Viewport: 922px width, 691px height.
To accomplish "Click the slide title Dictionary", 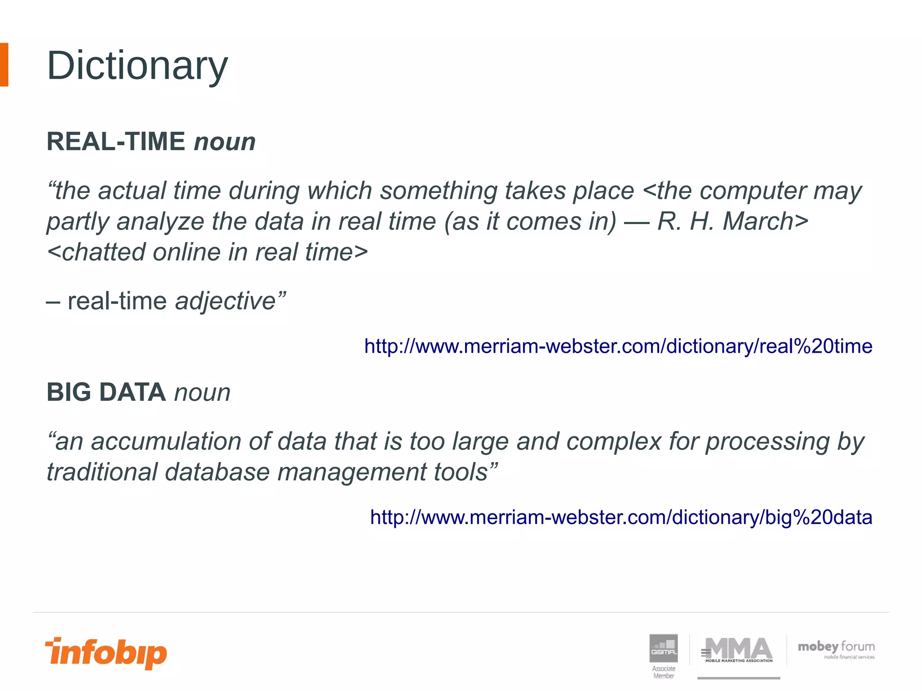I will tap(137, 66).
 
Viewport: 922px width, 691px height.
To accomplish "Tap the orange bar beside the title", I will tap(4, 65).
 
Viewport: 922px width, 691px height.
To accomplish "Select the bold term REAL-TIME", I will tap(116, 142).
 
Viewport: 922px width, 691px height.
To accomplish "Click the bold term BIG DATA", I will tap(106, 392).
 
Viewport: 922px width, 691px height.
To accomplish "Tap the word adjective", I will tap(225, 301).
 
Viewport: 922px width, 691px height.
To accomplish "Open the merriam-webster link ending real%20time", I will tap(618, 346).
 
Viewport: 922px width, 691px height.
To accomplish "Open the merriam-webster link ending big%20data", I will tap(621, 517).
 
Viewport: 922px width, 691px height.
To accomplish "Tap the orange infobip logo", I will tap(106, 653).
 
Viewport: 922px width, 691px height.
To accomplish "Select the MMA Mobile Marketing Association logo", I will tap(738, 651).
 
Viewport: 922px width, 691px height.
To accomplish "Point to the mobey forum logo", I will tap(836, 650).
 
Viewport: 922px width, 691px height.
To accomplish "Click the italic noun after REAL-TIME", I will tap(225, 142).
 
